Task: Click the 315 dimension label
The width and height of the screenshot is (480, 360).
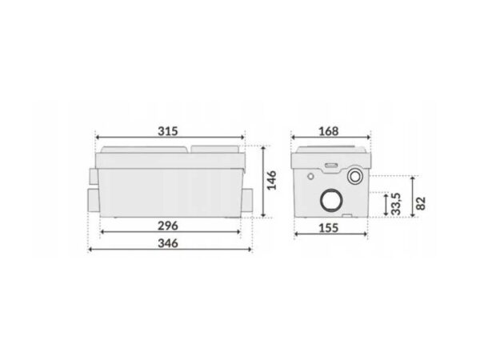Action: pos(168,131)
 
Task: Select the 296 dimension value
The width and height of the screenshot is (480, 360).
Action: pos(168,226)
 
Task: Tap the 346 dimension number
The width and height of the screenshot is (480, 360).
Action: pos(168,243)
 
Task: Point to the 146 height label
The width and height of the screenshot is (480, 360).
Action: pos(271,181)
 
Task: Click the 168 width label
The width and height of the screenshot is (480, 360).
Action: pos(329,131)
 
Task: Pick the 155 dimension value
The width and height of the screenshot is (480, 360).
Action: pos(329,228)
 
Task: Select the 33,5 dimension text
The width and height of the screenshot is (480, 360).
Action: pos(396,203)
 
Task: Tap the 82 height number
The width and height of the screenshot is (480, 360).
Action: pos(422,203)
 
